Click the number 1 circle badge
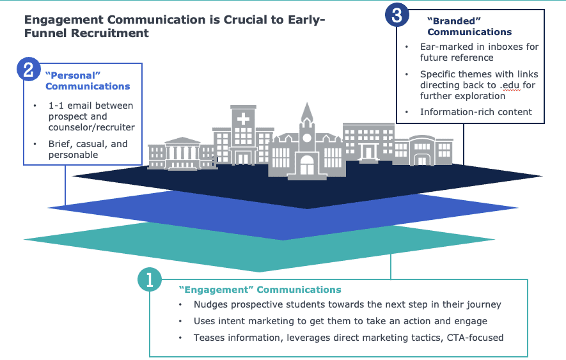(149, 279)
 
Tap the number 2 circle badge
(28, 69)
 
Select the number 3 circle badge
(397, 15)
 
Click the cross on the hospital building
(244, 120)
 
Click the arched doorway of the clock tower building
(308, 164)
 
